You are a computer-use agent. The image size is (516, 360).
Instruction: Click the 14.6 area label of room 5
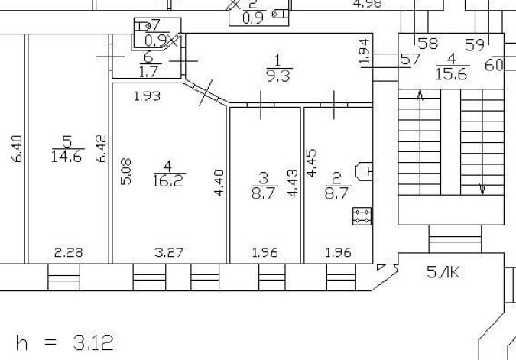point(67,157)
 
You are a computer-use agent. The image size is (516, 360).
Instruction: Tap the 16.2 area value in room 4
point(170,180)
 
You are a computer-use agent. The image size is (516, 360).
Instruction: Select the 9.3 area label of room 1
point(278,75)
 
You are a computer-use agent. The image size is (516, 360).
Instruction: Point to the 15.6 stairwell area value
point(452,73)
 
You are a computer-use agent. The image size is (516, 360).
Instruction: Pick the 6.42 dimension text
point(101,148)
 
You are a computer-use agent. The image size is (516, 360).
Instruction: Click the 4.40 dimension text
point(219,183)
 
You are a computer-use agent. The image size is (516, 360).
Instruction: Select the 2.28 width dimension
point(69,251)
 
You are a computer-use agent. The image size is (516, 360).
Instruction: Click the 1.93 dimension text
point(147,96)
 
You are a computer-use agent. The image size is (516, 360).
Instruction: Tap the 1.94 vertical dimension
point(365,50)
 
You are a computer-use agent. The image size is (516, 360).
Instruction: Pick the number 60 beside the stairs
point(495,65)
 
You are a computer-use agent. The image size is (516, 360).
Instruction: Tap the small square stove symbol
point(362,216)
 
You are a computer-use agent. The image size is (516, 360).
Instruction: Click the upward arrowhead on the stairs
point(420,95)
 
